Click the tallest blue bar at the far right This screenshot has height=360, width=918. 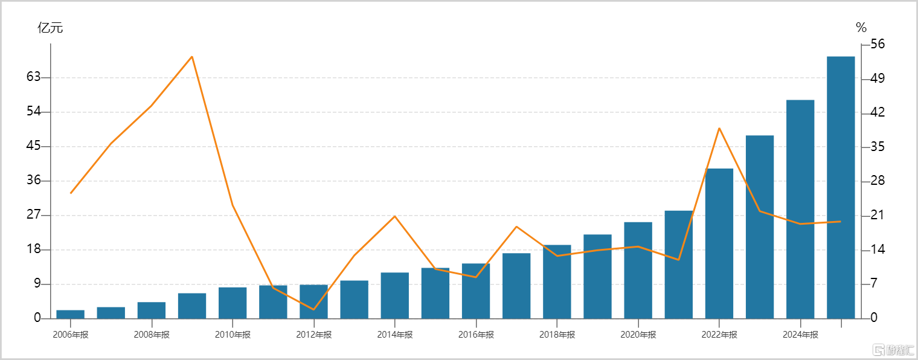pyautogui.click(x=841, y=187)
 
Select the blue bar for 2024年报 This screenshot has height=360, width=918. pyautogui.click(x=800, y=209)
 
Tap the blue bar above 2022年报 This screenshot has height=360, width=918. pyautogui.click(x=719, y=243)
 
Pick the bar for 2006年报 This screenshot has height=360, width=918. pyautogui.click(x=70, y=315)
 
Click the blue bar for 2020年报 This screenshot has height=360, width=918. pyautogui.click(x=638, y=271)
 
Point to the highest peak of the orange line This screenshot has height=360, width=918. pyautogui.click(x=192, y=57)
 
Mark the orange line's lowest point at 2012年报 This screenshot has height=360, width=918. pyautogui.click(x=313, y=309)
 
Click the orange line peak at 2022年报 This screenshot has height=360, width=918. pyautogui.click(x=719, y=128)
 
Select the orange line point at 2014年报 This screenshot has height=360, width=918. pyautogui.click(x=394, y=216)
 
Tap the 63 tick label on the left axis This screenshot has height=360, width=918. pyautogui.click(x=34, y=77)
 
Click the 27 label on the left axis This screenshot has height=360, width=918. pyautogui.click(x=34, y=214)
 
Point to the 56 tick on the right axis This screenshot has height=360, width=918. pyautogui.click(x=878, y=44)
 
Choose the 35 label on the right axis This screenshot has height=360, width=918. pyautogui.click(x=878, y=146)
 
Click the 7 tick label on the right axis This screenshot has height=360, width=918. pyautogui.click(x=874, y=283)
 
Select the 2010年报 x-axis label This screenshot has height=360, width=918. pyautogui.click(x=233, y=335)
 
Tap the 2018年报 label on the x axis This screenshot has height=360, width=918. pyautogui.click(x=557, y=335)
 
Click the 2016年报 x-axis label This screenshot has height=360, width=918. pyautogui.click(x=476, y=335)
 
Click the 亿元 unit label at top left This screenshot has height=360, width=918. pyautogui.click(x=50, y=27)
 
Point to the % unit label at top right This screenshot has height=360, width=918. pyautogui.click(x=861, y=27)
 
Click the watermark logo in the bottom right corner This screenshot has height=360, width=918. pyautogui.click(x=893, y=350)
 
